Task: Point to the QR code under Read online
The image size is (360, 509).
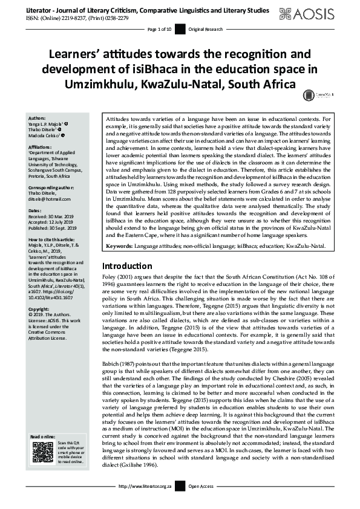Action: tap(42, 452)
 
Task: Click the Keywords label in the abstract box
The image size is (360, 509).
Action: tap(122, 264)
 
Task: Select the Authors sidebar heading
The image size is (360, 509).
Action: tap(37, 118)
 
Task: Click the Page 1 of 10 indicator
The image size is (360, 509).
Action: tap(160, 29)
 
